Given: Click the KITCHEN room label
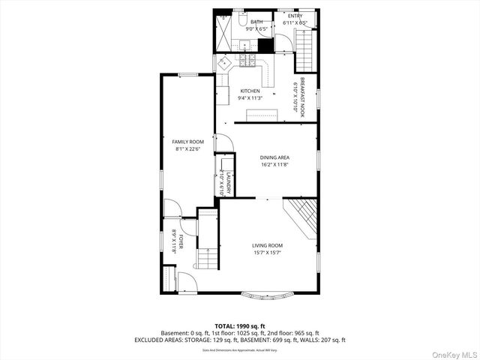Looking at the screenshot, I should [250, 91].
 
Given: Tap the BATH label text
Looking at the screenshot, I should [256, 22].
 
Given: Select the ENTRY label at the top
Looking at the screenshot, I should [295, 16].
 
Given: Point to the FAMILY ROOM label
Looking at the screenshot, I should [188, 142].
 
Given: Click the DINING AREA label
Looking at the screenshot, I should [274, 157].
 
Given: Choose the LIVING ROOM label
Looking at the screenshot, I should [267, 245].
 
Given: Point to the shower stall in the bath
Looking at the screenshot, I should [223, 31].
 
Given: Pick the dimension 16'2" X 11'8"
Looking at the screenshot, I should [274, 165].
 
